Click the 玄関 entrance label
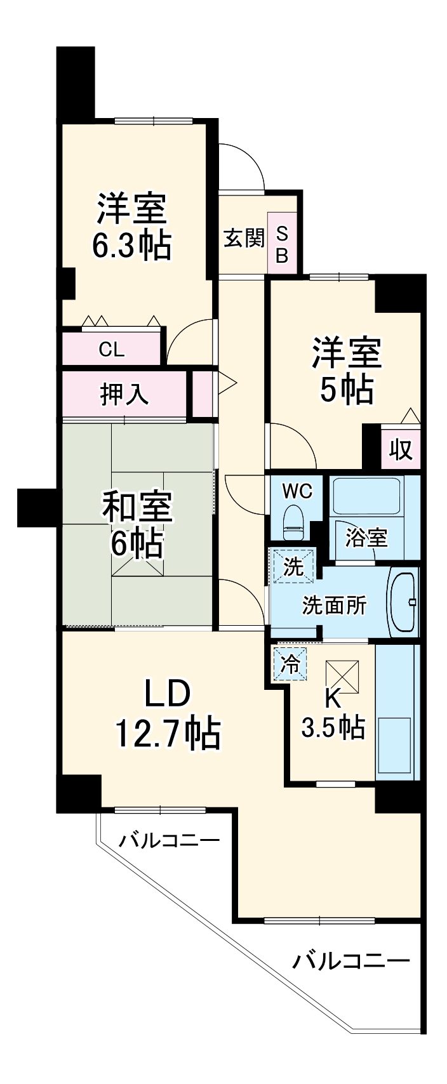click(243, 238)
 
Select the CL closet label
click(112, 349)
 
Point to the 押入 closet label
click(124, 394)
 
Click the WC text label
click(297, 491)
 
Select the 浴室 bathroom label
click(366, 538)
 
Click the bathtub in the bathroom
click(366, 498)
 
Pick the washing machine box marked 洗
click(293, 566)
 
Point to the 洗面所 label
click(334, 605)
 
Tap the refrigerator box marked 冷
click(290, 664)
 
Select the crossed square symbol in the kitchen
click(343, 675)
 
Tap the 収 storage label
click(401, 450)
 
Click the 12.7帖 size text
click(168, 734)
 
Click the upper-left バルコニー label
click(170, 841)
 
